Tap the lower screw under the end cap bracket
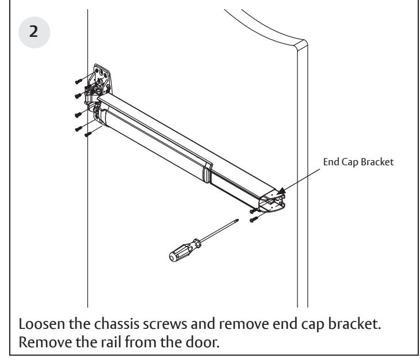pyautogui.click(x=254, y=220)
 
